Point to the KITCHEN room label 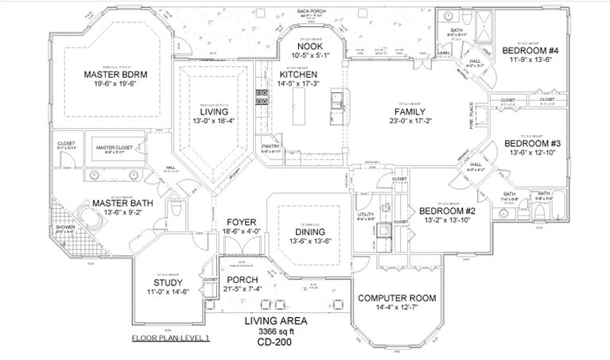298,74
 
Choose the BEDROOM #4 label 531,52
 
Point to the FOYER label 240,222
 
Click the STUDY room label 168,282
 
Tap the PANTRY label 270,146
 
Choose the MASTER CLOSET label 112,148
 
